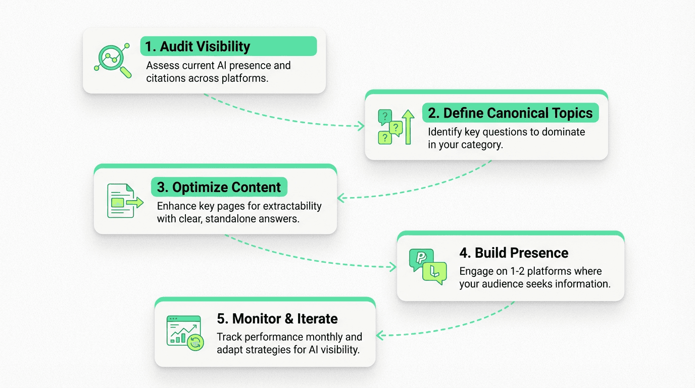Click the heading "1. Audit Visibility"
(197, 46)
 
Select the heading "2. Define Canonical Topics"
(510, 113)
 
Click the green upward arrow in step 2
(408, 126)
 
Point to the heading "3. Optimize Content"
(219, 187)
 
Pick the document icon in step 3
(121, 201)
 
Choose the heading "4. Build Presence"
(514, 253)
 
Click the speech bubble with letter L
(435, 273)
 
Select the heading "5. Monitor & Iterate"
(277, 319)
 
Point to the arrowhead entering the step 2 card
(361, 126)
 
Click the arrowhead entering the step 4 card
(392, 267)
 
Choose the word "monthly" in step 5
(342, 336)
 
